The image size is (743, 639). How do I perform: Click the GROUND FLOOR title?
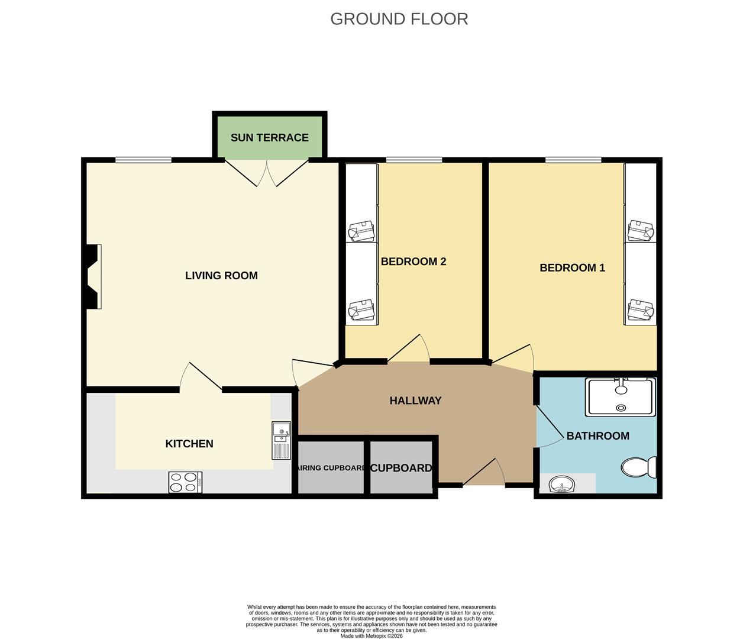[399, 19]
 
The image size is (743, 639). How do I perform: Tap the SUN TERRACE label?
[269, 137]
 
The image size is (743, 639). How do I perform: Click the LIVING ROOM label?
[221, 275]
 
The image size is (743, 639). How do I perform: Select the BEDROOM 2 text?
[413, 262]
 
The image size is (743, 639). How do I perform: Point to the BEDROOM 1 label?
[572, 267]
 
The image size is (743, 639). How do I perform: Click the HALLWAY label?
[415, 401]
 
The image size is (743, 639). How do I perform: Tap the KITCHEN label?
[189, 444]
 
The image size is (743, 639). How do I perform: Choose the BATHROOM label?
[597, 436]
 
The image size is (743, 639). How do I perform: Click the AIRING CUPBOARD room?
[330, 467]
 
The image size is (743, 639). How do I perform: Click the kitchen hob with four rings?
[185, 482]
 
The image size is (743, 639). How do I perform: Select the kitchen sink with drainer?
[282, 440]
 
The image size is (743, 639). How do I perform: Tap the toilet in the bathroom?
[639, 467]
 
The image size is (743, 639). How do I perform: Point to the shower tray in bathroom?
[620, 396]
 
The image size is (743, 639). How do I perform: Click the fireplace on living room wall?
[93, 276]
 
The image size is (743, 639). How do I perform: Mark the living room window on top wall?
[143, 160]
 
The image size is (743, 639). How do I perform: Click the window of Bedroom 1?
[573, 160]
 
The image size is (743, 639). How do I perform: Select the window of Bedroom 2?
[414, 160]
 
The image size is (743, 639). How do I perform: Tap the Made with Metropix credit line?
[371, 636]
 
